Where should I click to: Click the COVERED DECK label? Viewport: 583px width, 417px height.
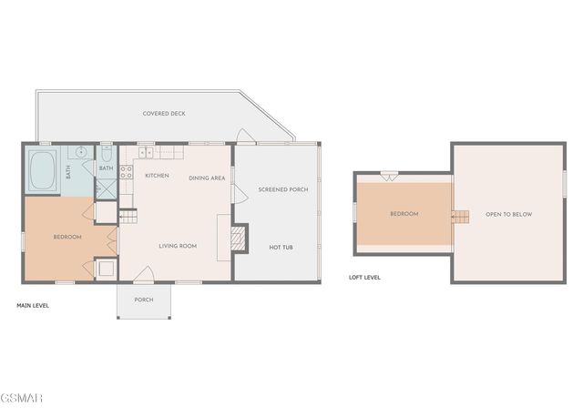(164, 114)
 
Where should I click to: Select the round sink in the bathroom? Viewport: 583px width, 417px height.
(81, 152)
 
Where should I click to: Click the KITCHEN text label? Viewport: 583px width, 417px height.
(157, 175)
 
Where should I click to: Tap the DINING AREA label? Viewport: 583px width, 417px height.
(207, 178)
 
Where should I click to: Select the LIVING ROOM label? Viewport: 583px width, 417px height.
(178, 246)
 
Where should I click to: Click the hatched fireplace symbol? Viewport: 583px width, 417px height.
(239, 238)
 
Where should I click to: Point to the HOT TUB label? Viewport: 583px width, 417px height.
(281, 247)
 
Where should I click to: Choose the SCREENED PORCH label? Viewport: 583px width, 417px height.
(282, 189)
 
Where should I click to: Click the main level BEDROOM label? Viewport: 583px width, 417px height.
(67, 237)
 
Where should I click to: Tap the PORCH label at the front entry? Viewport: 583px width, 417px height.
(144, 299)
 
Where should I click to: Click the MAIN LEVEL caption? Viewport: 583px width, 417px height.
(34, 306)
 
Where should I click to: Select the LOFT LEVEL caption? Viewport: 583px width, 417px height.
(364, 277)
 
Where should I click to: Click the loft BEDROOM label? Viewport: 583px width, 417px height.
(404, 214)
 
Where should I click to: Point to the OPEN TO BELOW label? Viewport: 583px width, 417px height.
(508, 214)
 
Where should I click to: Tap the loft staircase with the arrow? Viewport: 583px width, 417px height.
(461, 216)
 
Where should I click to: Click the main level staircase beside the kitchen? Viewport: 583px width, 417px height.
(128, 217)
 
